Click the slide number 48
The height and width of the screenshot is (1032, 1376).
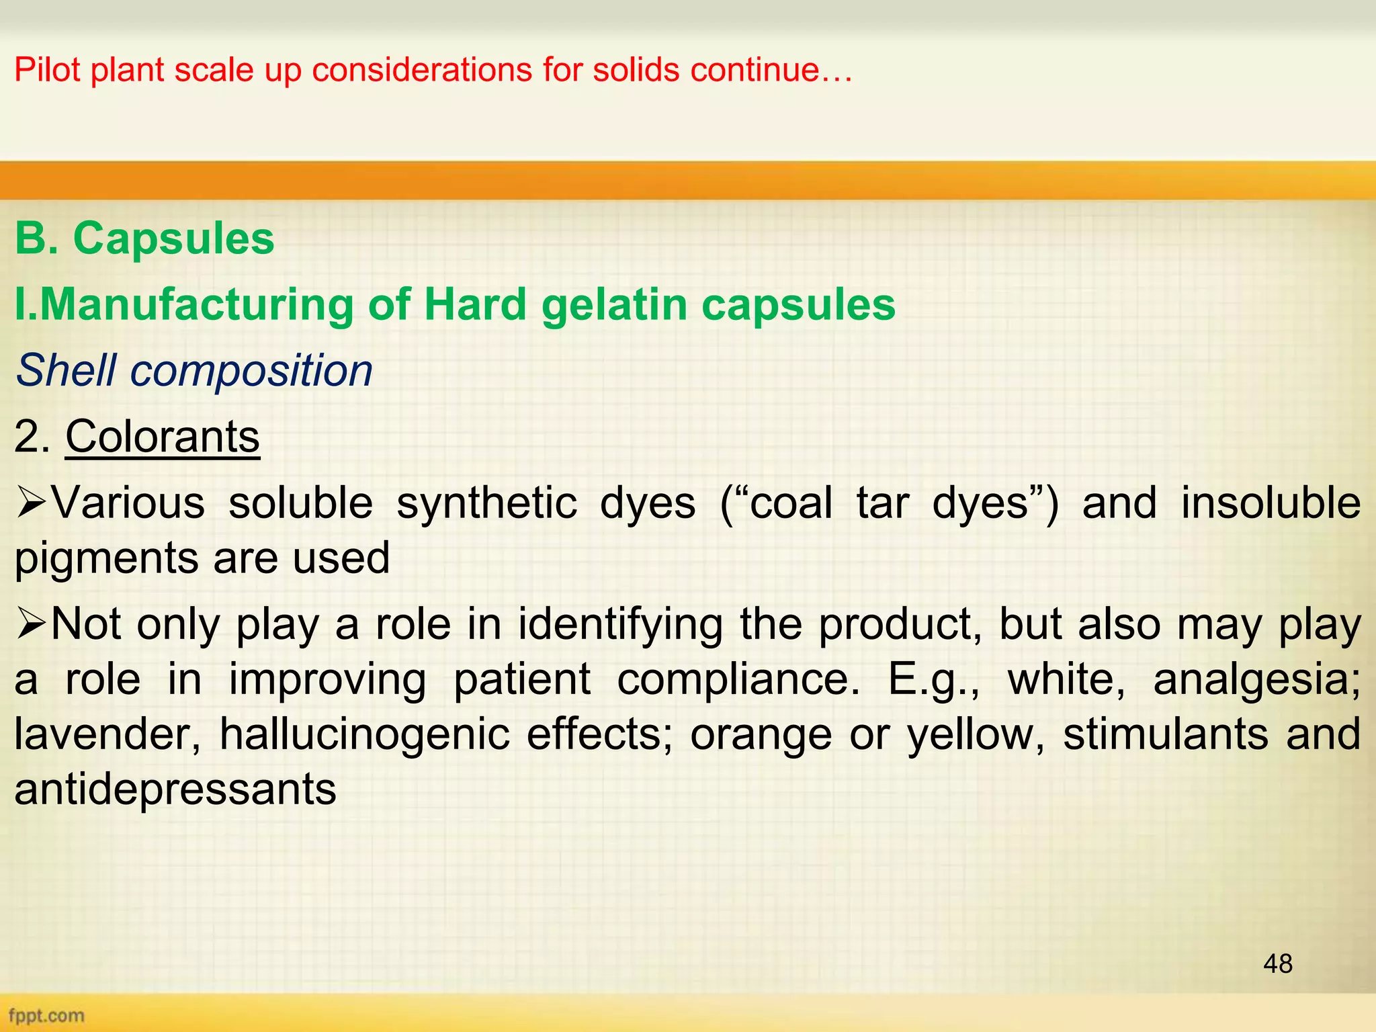click(1277, 963)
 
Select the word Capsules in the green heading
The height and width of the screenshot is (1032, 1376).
click(173, 239)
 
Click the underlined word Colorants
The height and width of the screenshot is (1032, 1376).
click(162, 437)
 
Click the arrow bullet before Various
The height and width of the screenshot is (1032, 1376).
click(31, 503)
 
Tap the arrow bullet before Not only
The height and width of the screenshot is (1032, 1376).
click(31, 625)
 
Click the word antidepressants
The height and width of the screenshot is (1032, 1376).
click(175, 789)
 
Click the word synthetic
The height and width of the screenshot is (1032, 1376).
click(486, 503)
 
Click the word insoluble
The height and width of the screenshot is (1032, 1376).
click(1271, 503)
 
